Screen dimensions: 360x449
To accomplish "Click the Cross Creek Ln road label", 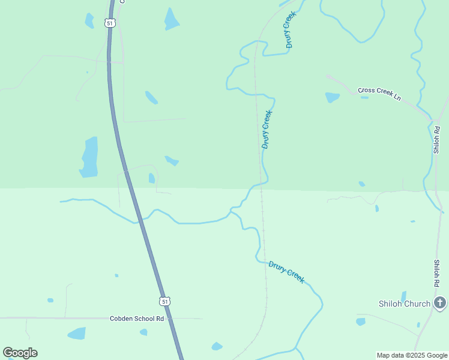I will click(x=379, y=94).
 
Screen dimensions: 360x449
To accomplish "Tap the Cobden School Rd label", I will click(x=137, y=319).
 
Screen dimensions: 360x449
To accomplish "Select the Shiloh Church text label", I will click(x=405, y=304).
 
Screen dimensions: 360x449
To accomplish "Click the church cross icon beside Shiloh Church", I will click(x=440, y=303).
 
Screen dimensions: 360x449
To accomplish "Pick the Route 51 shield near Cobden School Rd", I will click(x=165, y=301).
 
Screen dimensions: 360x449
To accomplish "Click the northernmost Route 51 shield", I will click(x=109, y=23).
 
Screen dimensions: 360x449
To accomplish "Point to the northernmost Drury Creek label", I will click(x=290, y=29).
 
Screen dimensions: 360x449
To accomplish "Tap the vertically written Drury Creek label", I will click(x=267, y=129).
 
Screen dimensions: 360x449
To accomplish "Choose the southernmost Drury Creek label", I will click(x=286, y=272).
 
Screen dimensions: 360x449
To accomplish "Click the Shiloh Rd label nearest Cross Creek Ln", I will click(x=437, y=139).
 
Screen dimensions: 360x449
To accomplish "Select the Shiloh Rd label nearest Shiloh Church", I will click(x=437, y=273).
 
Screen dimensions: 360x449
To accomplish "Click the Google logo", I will click(x=20, y=353).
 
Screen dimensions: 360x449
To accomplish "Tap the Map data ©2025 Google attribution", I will click(x=412, y=355).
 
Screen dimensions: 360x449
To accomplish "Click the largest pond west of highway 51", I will click(x=89, y=157).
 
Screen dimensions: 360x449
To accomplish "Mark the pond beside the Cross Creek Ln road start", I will click(x=332, y=97).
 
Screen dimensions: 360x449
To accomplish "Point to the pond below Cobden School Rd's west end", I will click(x=77, y=333).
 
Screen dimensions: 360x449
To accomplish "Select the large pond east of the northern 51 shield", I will click(x=172, y=20).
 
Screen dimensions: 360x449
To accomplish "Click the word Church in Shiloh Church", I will click(x=418, y=304).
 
